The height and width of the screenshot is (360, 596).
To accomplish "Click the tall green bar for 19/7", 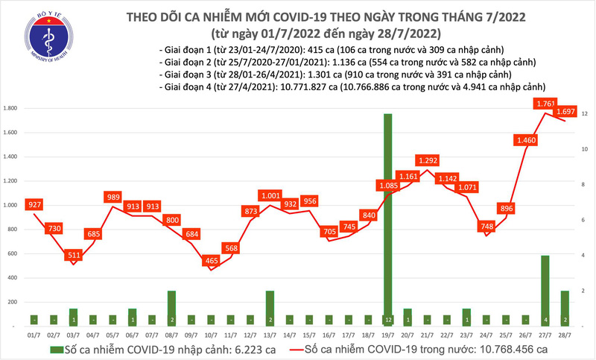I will click(387, 220).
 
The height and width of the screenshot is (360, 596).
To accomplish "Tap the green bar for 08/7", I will click(171, 308).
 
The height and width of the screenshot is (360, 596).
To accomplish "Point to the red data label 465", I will click(212, 261).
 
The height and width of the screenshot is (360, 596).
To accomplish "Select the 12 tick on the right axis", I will click(586, 114).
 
